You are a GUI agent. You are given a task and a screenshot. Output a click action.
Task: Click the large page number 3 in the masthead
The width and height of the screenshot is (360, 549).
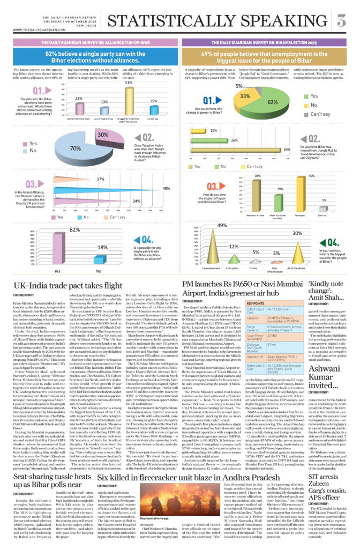point(341,21)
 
